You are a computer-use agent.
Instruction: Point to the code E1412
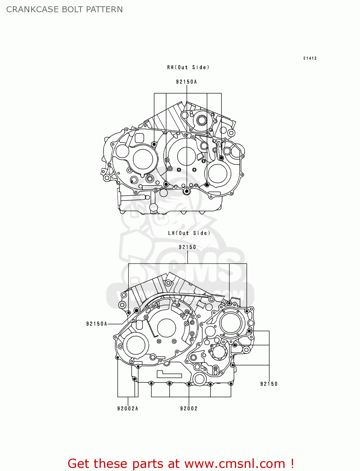click(310, 58)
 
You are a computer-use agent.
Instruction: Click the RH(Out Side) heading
click(188, 67)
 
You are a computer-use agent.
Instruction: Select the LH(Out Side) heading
click(189, 233)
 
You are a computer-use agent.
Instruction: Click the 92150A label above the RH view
click(186, 82)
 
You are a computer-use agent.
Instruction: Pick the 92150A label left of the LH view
click(97, 324)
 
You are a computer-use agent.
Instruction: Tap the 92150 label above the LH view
click(187, 247)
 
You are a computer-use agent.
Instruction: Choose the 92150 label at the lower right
click(269, 384)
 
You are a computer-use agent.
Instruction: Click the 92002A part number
click(128, 409)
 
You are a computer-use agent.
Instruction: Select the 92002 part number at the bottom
click(189, 409)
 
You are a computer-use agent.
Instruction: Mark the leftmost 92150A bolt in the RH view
click(154, 144)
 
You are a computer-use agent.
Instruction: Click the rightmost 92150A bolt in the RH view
click(221, 158)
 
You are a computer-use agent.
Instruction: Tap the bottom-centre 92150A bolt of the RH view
click(187, 191)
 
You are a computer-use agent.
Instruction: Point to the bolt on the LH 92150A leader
click(137, 311)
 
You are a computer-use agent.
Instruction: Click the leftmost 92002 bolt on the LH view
click(151, 383)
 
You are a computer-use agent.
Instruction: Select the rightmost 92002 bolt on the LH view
click(231, 383)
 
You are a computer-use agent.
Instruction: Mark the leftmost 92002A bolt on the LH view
click(117, 357)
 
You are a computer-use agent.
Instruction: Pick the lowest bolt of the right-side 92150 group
click(233, 365)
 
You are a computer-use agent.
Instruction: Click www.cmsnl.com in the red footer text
click(235, 463)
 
